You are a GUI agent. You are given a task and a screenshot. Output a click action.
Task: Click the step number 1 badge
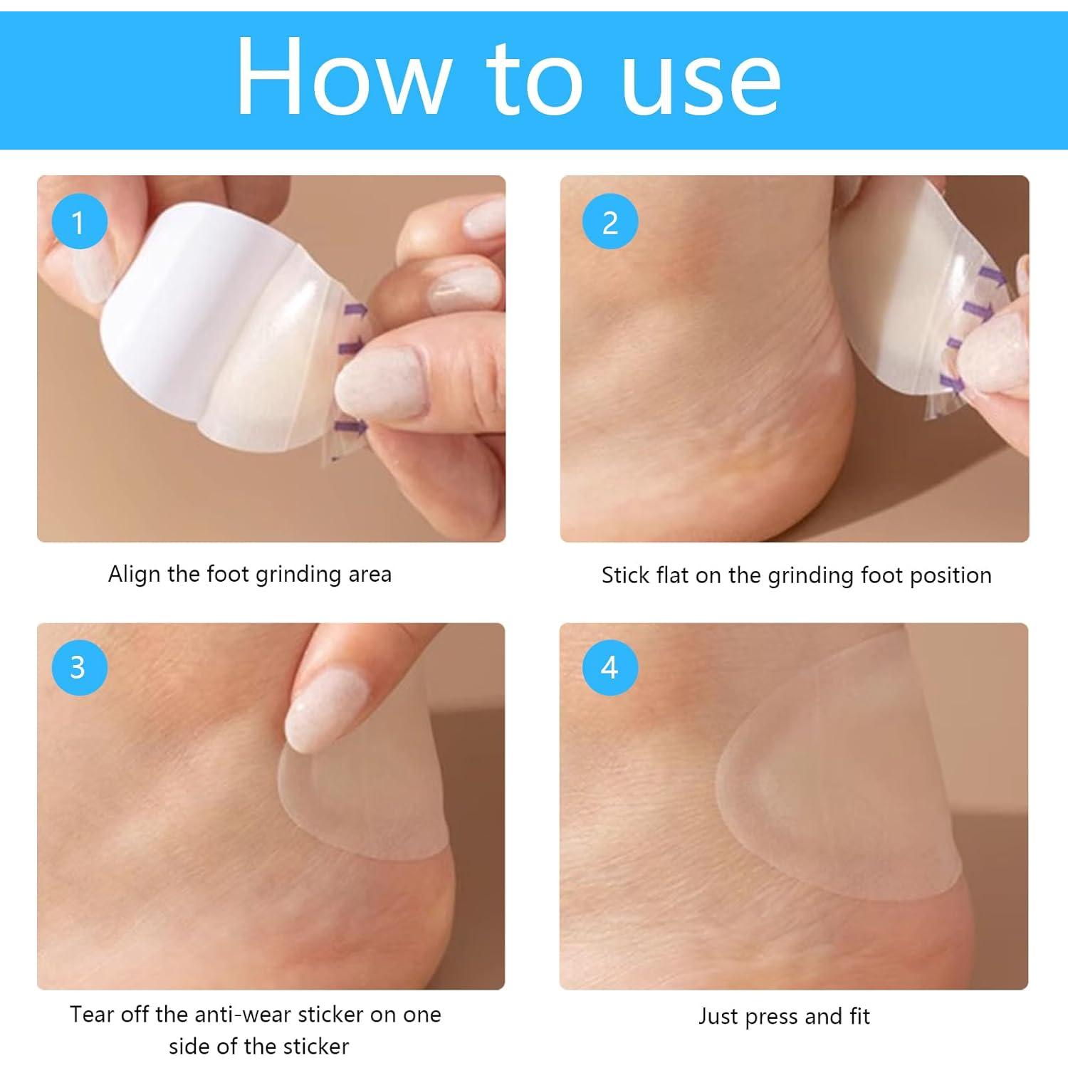79,222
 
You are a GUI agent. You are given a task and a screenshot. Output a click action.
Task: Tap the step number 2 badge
609,222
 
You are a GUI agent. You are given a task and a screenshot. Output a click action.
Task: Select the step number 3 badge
79,667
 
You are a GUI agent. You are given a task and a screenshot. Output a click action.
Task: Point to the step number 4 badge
609,667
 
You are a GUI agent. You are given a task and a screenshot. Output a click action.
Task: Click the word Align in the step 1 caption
135,574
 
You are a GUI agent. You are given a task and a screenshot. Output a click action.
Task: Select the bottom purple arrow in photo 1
355,426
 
